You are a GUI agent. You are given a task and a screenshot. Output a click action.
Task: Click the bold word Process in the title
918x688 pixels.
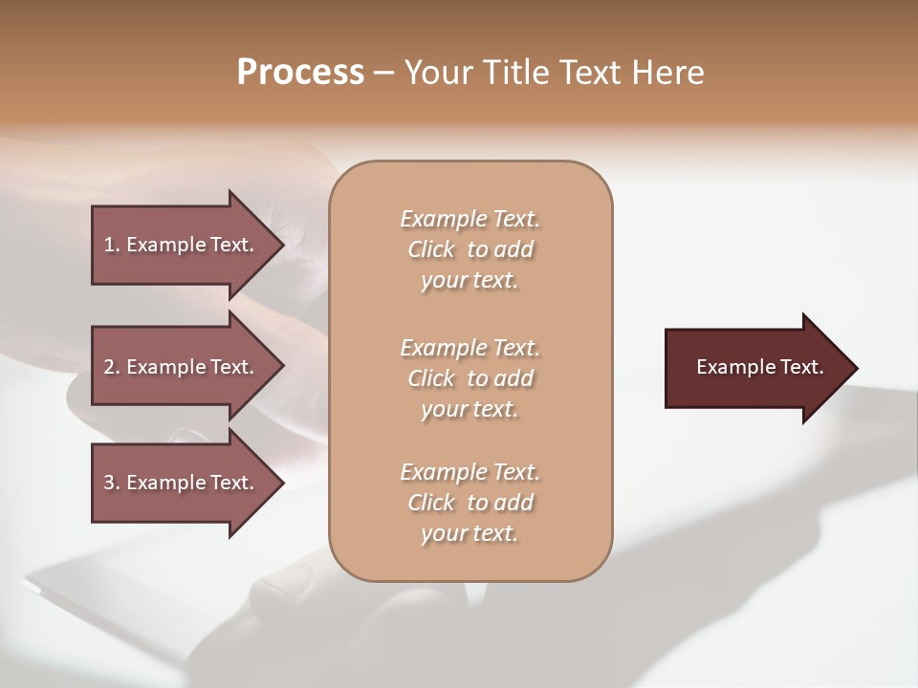[300, 73]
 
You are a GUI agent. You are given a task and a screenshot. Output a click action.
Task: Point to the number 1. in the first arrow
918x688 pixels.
[112, 245]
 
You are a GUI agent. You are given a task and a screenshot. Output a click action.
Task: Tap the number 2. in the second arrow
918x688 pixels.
[112, 367]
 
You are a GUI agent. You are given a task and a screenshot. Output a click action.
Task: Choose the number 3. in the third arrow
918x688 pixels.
[112, 483]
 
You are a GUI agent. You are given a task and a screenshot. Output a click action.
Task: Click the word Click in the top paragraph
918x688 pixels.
[431, 249]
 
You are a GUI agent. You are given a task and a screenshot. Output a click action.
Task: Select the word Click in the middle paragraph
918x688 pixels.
[431, 378]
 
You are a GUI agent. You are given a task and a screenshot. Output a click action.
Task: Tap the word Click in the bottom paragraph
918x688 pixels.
[431, 503]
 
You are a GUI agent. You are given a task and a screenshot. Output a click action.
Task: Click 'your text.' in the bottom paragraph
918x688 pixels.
[470, 533]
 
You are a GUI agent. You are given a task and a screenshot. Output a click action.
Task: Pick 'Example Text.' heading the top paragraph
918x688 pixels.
[470, 219]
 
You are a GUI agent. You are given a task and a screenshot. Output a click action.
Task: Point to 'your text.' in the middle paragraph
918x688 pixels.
[470, 409]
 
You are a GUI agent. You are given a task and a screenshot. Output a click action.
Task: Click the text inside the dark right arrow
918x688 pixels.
[759, 367]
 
